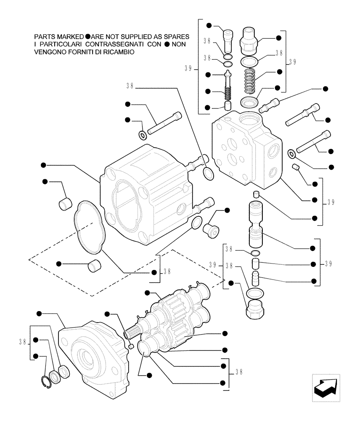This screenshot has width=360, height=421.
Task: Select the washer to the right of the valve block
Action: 291,154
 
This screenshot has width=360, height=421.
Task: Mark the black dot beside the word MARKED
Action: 87,37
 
